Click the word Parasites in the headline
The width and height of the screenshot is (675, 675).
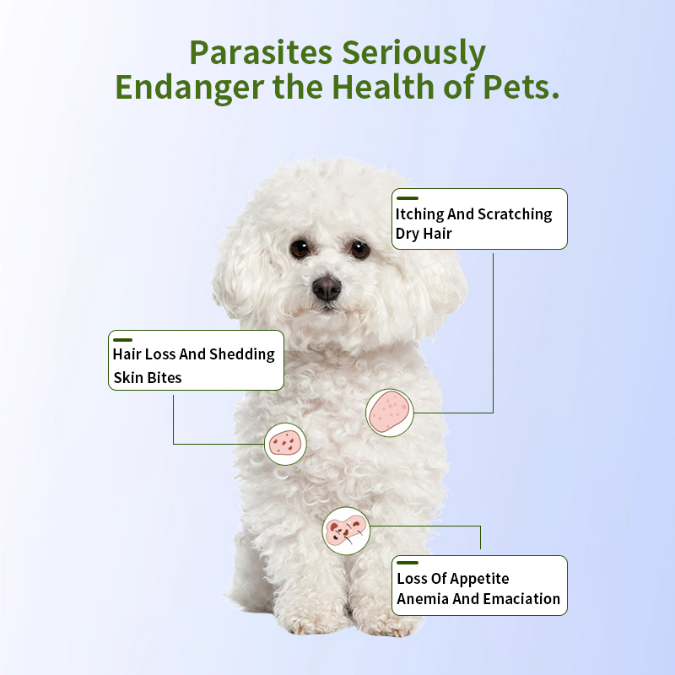point(260,53)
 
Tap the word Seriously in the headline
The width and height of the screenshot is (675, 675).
point(413,53)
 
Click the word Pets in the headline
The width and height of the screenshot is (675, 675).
point(522,87)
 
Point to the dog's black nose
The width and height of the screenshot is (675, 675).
point(327,288)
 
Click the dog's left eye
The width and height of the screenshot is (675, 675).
point(300,248)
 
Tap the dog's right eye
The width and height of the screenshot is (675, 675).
point(359,249)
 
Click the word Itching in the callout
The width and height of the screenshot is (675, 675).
point(420,214)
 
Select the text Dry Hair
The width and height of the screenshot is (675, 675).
point(424,234)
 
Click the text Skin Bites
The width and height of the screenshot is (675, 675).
point(147,377)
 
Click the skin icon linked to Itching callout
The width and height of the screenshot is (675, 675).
point(389,413)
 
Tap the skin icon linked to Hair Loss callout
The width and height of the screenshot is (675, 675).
point(285,444)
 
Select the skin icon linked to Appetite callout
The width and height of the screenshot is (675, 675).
point(346,531)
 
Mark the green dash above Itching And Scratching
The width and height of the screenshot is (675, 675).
point(407,198)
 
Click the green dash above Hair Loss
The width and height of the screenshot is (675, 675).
point(122,340)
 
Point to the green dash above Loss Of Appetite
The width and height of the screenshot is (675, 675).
point(408,563)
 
